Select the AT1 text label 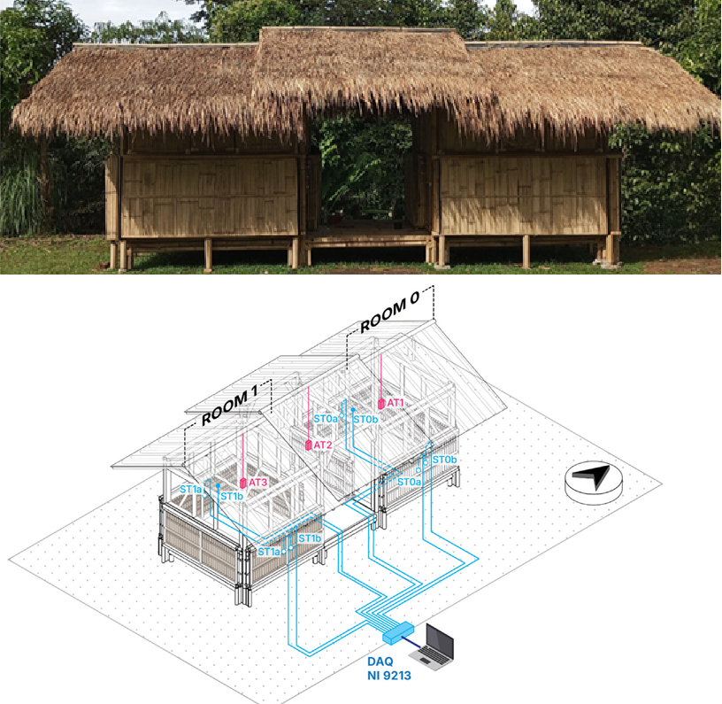(x=396, y=403)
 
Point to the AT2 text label (x=323, y=445)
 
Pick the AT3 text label (x=257, y=483)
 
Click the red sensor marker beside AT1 (x=381, y=403)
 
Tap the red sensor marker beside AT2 (x=308, y=445)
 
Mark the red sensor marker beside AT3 (x=242, y=483)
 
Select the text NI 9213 (x=389, y=677)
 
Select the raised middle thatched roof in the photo (x=358, y=62)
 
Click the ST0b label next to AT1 (x=366, y=419)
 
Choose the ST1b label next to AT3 (x=232, y=497)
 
